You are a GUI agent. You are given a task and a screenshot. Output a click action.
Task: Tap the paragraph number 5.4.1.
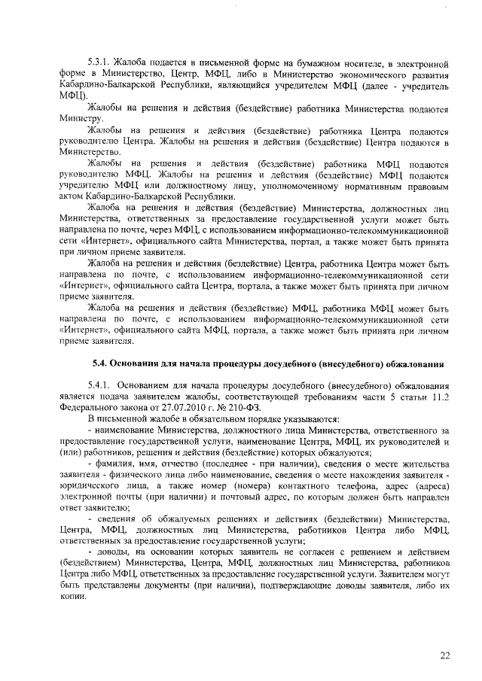[x=100, y=385]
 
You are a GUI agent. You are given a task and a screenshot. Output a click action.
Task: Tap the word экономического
[x=345, y=76]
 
